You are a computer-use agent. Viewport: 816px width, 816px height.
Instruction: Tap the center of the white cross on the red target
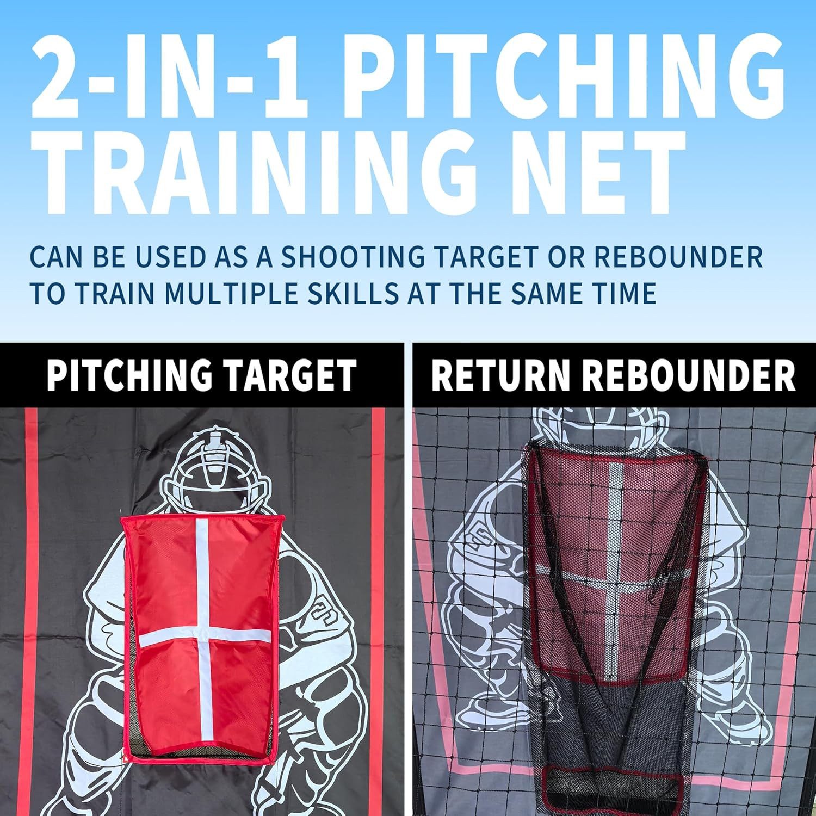[x=201, y=633]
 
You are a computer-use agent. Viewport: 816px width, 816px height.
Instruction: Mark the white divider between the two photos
[x=408, y=579]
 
